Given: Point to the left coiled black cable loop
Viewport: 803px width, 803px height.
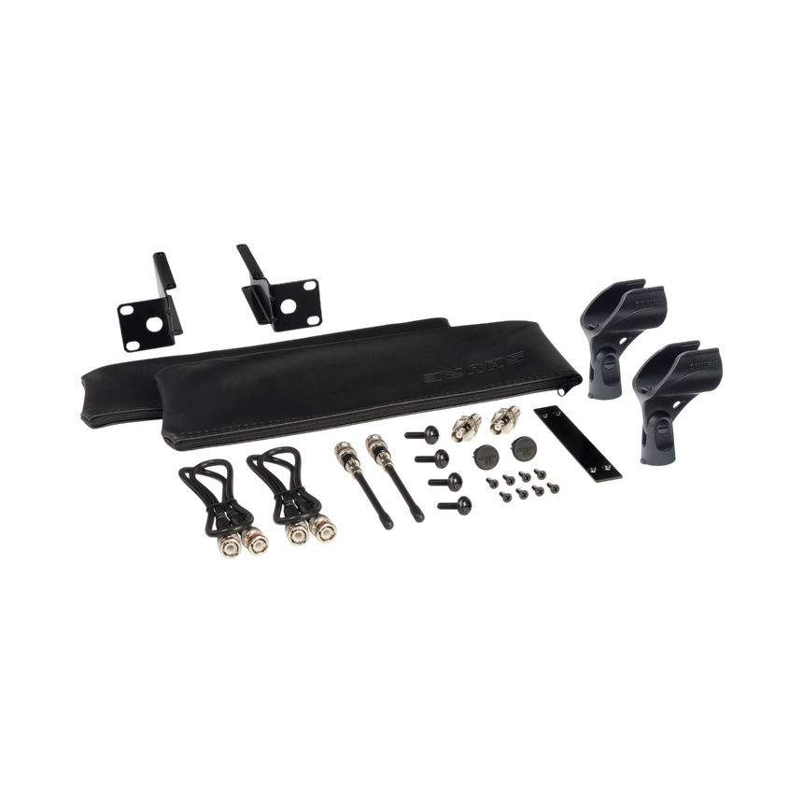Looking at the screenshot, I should click(212, 491).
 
